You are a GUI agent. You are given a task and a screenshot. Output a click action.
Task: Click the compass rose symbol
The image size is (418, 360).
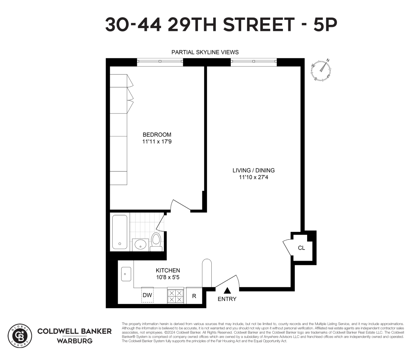pos(322,70)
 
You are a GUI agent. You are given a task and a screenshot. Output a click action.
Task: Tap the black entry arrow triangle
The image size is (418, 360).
pos(227,291)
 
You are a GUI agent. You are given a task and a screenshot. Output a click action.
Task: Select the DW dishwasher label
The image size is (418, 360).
pos(147,295)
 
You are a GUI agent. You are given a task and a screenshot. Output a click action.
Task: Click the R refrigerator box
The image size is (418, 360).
pos(194,296)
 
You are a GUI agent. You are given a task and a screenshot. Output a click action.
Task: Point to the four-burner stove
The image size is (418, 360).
pos(176,296)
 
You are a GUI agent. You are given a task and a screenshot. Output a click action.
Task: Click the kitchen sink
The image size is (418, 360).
pos(126,274)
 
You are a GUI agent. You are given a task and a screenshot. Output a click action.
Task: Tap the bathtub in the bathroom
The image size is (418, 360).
pos(120,232)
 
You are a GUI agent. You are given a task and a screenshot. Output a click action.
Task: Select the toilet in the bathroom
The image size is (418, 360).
pos(156,242)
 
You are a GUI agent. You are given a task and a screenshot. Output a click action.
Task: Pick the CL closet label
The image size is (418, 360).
pos(301,248)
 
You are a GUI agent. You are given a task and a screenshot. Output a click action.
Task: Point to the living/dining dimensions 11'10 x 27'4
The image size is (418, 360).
pos(251,177)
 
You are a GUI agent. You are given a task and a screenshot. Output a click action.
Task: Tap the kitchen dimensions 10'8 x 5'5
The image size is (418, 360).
pos(168,277)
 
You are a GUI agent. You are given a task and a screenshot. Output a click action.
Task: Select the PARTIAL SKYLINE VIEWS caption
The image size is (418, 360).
pos(205,52)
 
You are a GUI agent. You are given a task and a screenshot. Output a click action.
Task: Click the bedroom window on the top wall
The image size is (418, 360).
pos(160,62)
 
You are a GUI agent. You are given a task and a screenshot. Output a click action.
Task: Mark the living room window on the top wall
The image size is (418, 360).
pos(253,62)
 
